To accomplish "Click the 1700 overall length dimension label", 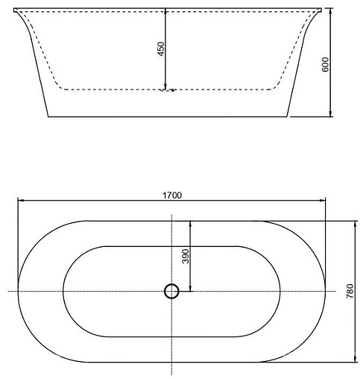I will [171, 195].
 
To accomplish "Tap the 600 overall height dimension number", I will [325, 63].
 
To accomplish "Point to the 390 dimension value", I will [186, 256].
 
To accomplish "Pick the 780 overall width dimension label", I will [350, 291].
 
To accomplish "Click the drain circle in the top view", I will [172, 291].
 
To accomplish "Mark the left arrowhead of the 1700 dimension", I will [21, 201].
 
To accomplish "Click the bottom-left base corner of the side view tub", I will [48, 117].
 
